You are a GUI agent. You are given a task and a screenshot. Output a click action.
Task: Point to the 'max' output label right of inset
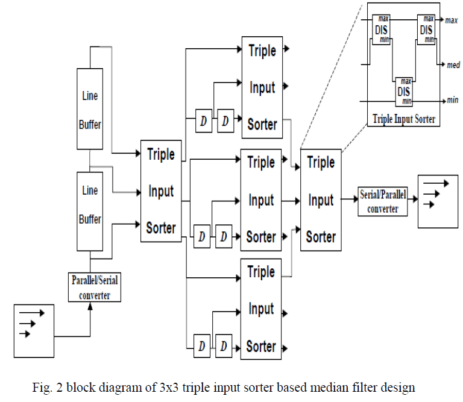[x=452, y=20]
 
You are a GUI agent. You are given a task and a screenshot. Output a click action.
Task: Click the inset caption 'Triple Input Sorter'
[x=404, y=119]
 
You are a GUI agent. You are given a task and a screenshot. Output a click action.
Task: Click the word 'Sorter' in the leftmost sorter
[x=161, y=228]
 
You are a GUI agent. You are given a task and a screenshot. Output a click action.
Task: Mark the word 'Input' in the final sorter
[x=321, y=199]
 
